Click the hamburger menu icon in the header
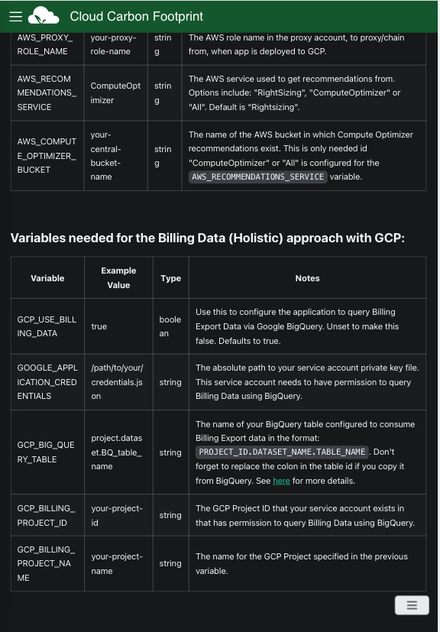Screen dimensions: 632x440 point(15,16)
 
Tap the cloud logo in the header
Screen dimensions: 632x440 point(44,15)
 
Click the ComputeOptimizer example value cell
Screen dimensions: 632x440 point(115,93)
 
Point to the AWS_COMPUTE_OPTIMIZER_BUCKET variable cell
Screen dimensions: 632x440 point(47,156)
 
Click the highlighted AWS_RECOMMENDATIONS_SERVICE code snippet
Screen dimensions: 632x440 point(257,177)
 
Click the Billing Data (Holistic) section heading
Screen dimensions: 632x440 point(207,238)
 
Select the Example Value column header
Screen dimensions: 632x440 point(118,277)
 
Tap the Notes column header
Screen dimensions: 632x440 point(307,278)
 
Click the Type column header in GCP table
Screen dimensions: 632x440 point(170,278)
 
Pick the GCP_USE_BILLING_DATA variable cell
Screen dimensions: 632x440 point(47,326)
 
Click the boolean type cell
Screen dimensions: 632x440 point(170,326)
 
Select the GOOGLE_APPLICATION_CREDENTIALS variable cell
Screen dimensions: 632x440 point(47,382)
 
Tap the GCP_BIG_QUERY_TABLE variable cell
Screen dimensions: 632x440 point(47,452)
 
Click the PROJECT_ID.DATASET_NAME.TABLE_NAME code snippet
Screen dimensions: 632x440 point(282,452)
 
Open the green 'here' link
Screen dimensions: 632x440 point(281,481)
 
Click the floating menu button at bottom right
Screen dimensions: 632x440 point(411,604)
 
